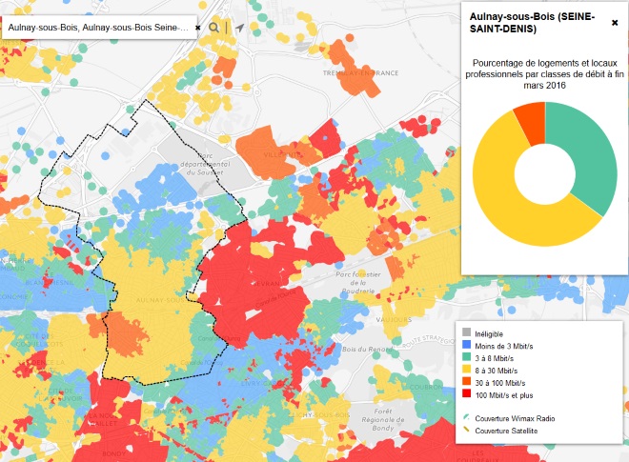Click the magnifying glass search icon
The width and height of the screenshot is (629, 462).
214,28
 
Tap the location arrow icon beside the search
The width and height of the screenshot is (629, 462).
238,28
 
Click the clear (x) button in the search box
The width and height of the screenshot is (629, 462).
198,28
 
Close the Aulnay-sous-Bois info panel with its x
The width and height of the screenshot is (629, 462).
615,22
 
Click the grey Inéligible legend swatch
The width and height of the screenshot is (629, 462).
467,332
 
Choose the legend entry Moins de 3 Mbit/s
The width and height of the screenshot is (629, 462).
505,345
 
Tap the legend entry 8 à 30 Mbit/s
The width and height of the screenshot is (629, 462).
499,370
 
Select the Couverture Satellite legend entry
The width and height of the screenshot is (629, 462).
511,431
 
